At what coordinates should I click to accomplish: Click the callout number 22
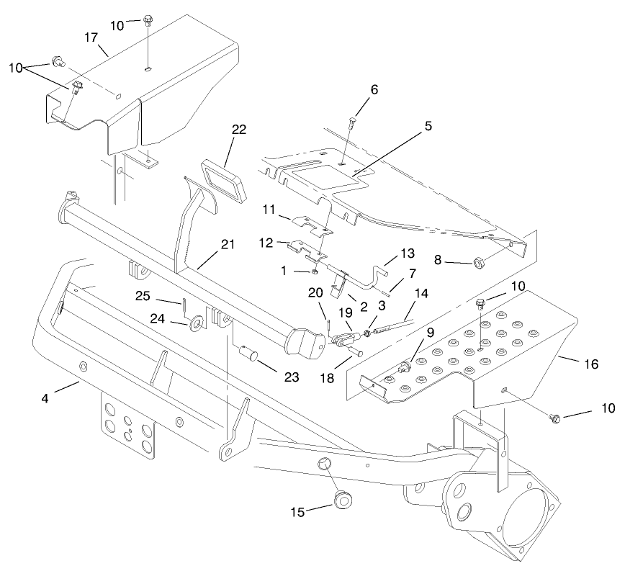pos(238,130)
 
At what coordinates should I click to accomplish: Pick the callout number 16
pos(590,364)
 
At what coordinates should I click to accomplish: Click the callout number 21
pos(228,245)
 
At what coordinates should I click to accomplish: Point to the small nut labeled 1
pos(315,271)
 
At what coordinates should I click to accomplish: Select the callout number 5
pos(428,126)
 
